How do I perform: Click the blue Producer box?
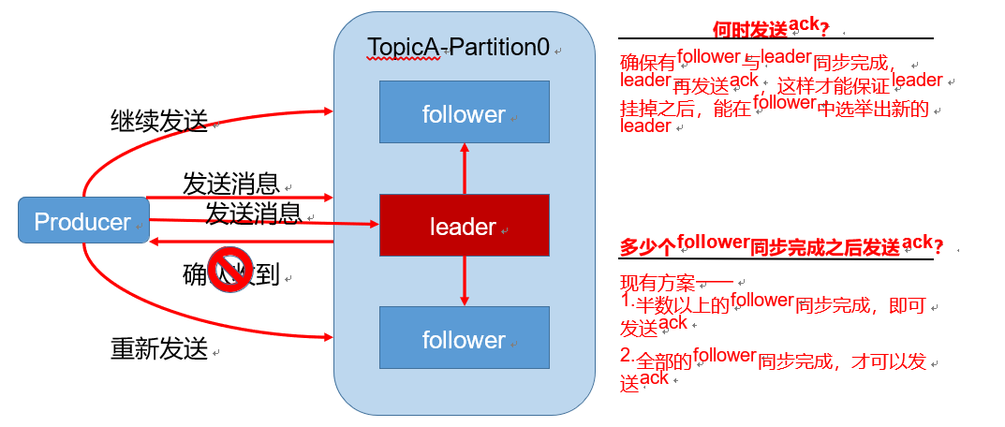point(83,222)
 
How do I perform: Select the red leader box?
point(464,226)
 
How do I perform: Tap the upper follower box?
point(464,112)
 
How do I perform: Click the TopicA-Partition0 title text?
point(458,47)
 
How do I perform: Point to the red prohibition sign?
point(226,270)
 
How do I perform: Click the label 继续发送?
point(156,122)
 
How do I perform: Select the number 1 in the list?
point(627,302)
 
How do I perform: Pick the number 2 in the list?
point(627,357)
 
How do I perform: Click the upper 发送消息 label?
point(229,183)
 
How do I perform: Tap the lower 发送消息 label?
point(253,213)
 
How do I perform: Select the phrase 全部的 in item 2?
point(665,360)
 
